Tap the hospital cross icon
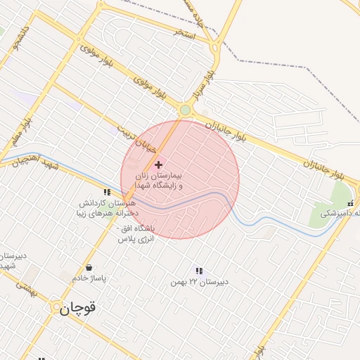[158, 164]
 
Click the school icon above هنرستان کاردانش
[107, 191]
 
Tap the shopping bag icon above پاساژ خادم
[89, 267]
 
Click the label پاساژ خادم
[89, 278]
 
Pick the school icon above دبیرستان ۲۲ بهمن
[199, 271]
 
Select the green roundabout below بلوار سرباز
[185, 110]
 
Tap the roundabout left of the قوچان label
[56, 307]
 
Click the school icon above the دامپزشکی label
[350, 203]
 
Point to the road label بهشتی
[25, 287]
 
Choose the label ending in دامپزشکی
[340, 213]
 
